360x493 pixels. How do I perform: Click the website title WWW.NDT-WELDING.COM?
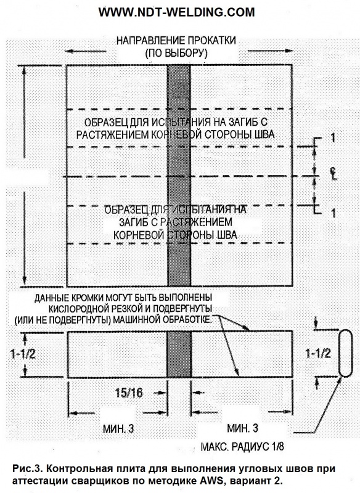coord(176,12)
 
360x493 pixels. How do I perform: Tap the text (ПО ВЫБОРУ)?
coord(176,53)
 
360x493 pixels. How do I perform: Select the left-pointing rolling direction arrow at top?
coord(84,51)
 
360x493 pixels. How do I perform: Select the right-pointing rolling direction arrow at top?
coord(271,51)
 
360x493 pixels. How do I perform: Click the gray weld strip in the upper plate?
coord(179,175)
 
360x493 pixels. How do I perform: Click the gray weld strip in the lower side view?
coord(179,354)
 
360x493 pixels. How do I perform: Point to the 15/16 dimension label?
coord(129,393)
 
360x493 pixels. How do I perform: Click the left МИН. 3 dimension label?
coord(118,428)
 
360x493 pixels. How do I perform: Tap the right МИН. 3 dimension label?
coord(242,428)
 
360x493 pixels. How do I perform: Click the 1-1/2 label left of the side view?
coord(23,354)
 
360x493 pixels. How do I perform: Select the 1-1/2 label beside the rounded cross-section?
coord(318,354)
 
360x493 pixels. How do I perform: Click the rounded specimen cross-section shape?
coord(345,353)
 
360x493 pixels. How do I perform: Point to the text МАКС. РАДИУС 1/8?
coord(242,446)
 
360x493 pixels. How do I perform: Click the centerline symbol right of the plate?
coord(333,173)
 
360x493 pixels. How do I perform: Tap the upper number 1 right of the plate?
coord(333,137)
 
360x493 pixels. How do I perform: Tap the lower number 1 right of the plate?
coord(333,213)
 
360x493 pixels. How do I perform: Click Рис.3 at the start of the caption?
coord(27,469)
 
